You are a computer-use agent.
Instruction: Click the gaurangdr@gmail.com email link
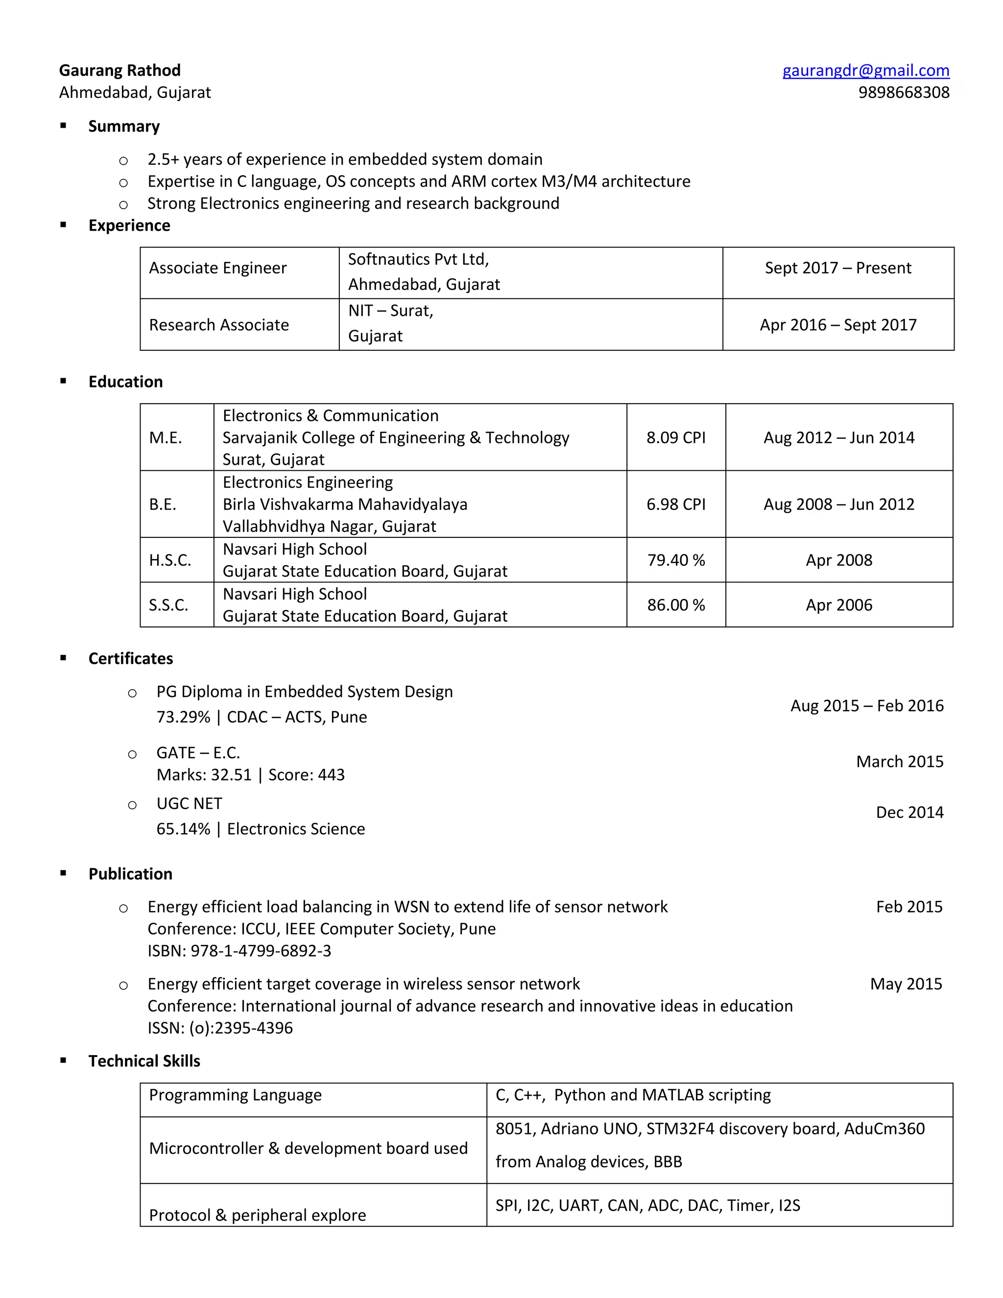point(865,71)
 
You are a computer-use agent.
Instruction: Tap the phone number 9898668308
point(903,93)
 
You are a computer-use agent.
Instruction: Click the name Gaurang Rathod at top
point(119,71)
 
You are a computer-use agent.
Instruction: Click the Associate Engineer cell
point(217,268)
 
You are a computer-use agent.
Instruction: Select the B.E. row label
point(163,505)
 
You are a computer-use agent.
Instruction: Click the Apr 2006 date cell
point(838,605)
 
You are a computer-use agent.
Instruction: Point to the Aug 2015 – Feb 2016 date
point(866,705)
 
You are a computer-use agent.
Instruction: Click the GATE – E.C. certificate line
point(198,753)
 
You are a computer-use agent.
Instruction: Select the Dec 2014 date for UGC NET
point(909,813)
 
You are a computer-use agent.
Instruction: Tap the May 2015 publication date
point(906,984)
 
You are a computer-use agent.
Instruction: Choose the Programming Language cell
point(235,1095)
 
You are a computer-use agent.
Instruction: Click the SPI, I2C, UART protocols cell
point(647,1205)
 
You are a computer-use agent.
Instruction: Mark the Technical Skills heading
point(144,1061)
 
